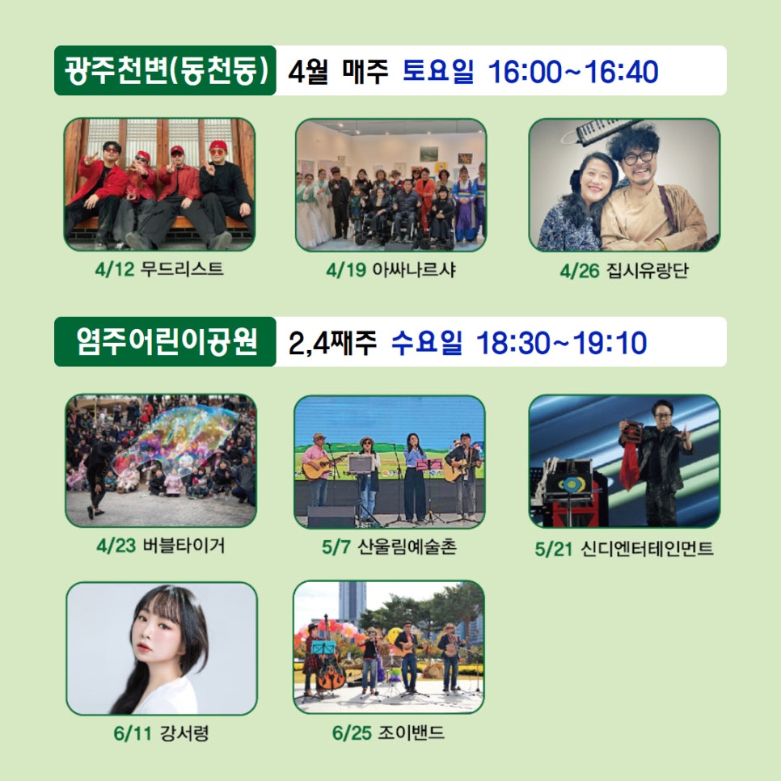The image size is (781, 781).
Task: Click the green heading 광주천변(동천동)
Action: (x=166, y=70)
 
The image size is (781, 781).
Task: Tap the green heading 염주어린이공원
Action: (x=167, y=342)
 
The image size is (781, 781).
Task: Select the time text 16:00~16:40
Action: (x=573, y=72)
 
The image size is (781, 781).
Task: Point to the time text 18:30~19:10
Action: (x=562, y=343)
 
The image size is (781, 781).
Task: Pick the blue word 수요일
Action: (x=427, y=342)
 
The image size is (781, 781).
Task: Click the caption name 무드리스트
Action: (x=182, y=269)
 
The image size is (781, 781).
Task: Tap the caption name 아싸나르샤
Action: (x=415, y=269)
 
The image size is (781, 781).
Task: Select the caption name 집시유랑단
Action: (x=648, y=271)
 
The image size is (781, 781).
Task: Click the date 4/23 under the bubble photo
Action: (x=116, y=546)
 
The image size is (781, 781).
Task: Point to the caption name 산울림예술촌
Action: (x=407, y=547)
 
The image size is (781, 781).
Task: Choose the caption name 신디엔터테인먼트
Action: (x=647, y=549)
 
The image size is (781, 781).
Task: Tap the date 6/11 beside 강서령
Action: (x=133, y=733)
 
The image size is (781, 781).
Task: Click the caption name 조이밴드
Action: (x=412, y=732)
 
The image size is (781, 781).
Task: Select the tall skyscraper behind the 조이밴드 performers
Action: (x=353, y=602)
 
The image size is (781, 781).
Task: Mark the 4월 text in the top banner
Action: (x=308, y=72)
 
